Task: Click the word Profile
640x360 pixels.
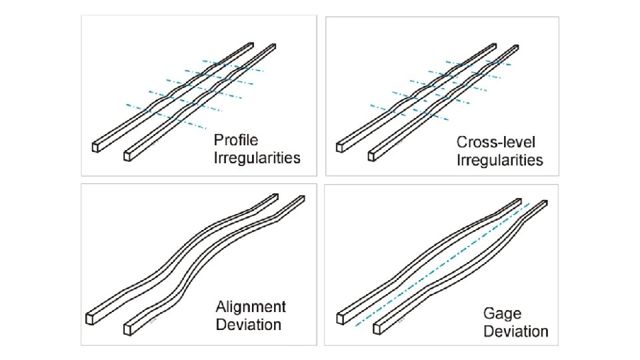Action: pyautogui.click(x=236, y=141)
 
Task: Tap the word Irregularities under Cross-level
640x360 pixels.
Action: pyautogui.click(x=500, y=160)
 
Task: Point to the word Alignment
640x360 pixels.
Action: pyautogui.click(x=251, y=307)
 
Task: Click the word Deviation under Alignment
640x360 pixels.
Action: pyautogui.click(x=248, y=325)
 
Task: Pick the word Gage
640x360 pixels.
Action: pyautogui.click(x=502, y=313)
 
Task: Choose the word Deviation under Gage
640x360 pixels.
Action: pyautogui.click(x=516, y=331)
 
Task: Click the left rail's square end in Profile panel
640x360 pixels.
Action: pyautogui.click(x=96, y=146)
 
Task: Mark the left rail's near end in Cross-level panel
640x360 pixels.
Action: pyautogui.click(x=341, y=146)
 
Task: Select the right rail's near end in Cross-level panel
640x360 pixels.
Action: pyautogui.click(x=373, y=155)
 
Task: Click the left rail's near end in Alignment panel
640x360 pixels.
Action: pyautogui.click(x=90, y=318)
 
